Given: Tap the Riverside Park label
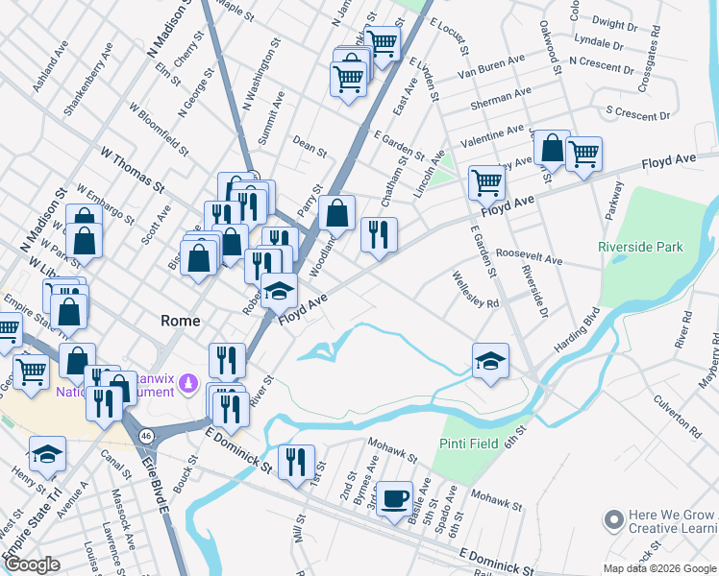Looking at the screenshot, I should (x=640, y=247).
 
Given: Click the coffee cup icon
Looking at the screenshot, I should (x=393, y=499).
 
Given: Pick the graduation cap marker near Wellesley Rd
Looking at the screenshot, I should (x=490, y=361).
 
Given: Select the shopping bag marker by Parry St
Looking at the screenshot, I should (x=337, y=213).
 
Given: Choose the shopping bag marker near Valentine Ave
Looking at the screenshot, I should (x=552, y=148).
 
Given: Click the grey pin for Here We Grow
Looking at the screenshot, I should (x=612, y=521).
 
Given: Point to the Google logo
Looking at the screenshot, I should (x=32, y=564).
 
